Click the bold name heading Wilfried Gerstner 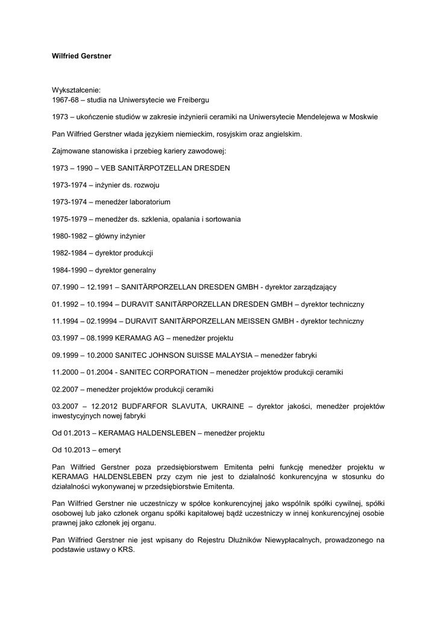coord(81,56)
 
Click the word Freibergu coord(192,99)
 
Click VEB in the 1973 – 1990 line coord(104,168)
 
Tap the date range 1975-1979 coord(69,219)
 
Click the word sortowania coord(221,219)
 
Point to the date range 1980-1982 coord(69,236)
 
